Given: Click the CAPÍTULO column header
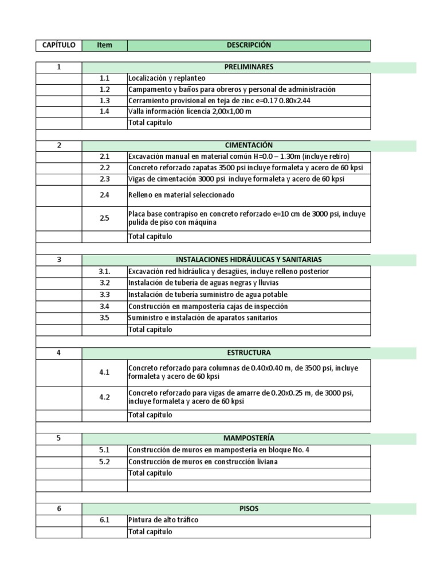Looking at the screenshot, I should tap(58, 45).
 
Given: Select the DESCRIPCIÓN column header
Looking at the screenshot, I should tap(249, 45).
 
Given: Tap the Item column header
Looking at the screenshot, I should tap(104, 45).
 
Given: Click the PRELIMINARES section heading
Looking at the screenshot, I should tap(249, 67).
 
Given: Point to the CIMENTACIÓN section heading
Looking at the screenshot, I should tap(249, 146).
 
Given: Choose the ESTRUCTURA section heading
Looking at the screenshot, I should tap(249, 353).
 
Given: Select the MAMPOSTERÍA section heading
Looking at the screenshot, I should tap(249, 439).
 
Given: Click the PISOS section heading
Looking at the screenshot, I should tap(249, 508).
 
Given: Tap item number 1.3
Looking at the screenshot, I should tap(104, 100).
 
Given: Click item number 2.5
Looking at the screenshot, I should tap(104, 218).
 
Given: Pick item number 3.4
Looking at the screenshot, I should tap(104, 306).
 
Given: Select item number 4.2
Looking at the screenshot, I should tap(104, 397).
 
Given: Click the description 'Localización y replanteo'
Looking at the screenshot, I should tap(167, 78).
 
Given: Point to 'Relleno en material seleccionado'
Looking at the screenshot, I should tap(178, 195).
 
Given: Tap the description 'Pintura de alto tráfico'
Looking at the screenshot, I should tap(164, 520).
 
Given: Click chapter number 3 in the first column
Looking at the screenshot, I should tap(58, 259).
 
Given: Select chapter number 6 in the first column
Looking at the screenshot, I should tap(58, 508).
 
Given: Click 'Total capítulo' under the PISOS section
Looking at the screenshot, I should tap(150, 531).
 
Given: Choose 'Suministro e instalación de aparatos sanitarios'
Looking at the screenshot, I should tap(203, 318).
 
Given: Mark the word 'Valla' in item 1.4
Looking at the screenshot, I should tap(136, 111).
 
